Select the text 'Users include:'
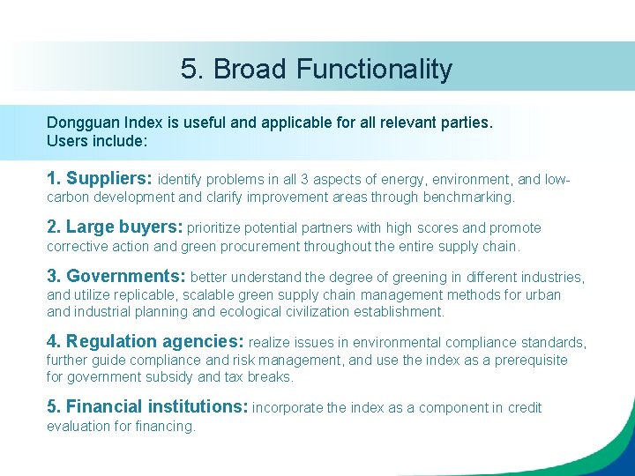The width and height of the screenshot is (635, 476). pyautogui.click(x=97, y=140)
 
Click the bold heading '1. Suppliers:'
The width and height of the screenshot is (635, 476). pyautogui.click(x=100, y=178)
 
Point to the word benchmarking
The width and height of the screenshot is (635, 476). pyautogui.click(x=468, y=197)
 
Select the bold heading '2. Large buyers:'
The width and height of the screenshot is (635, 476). pyautogui.click(x=115, y=227)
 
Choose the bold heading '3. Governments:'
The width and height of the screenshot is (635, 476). pyautogui.click(x=116, y=277)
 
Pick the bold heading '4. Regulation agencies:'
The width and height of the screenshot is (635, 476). pyautogui.click(x=146, y=342)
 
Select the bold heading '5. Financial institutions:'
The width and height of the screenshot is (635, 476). pyautogui.click(x=147, y=407)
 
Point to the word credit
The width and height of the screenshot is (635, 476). pyautogui.click(x=525, y=407)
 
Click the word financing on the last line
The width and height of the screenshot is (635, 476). pyautogui.click(x=167, y=426)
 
